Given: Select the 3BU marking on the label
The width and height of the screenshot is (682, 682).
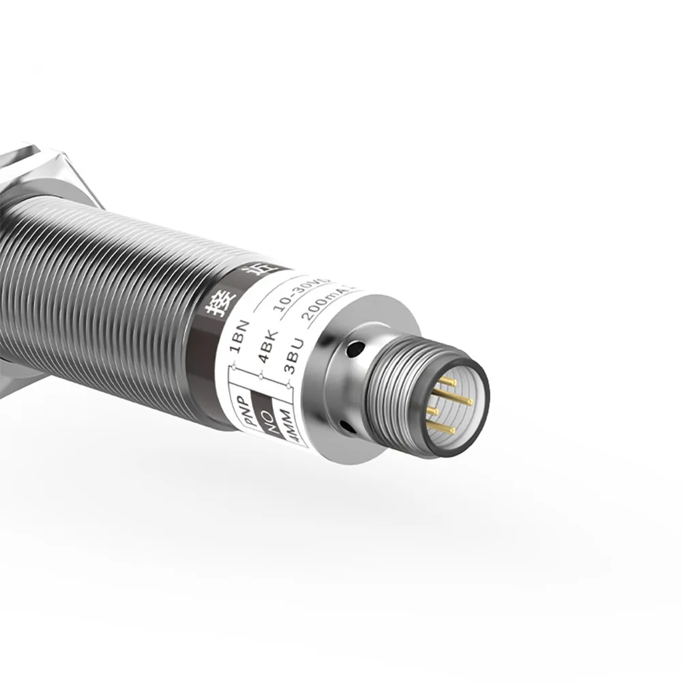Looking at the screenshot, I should pos(297,359).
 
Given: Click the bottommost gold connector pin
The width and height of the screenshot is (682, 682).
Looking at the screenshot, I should pos(442,429).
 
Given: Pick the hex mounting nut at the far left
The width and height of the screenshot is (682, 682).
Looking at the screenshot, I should pos(48,170).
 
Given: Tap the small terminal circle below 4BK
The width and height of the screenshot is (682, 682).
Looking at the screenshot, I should pos(262,376).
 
